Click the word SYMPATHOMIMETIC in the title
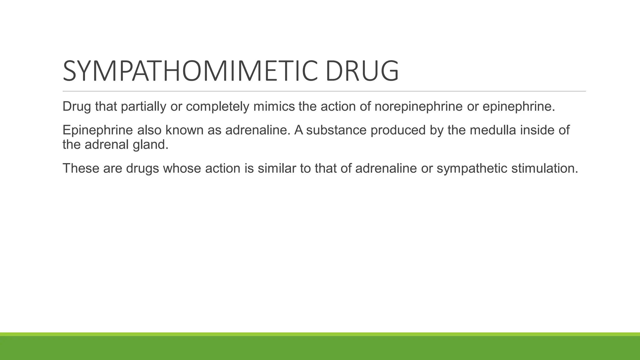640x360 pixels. (191, 71)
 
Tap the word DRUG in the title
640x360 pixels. (362, 71)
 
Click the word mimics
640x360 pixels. (274, 107)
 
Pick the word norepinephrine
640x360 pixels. (418, 107)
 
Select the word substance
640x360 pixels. (336, 130)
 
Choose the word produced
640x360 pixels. (398, 130)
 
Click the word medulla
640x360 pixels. (493, 130)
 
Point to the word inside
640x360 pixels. (537, 130)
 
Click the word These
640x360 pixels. (81, 168)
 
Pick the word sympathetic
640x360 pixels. (472, 168)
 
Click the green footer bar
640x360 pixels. (320, 347)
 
